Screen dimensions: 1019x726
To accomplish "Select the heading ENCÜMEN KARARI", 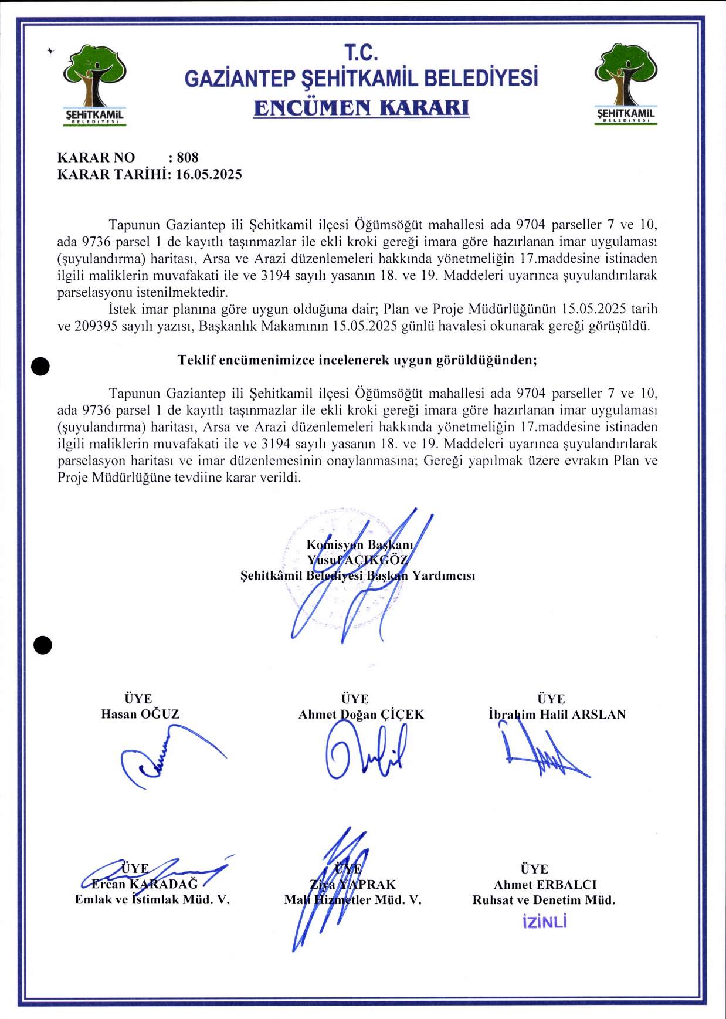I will click(x=361, y=108).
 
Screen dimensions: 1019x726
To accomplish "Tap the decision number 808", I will click(x=188, y=157).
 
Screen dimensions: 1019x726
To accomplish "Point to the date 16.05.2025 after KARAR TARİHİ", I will click(x=209, y=174).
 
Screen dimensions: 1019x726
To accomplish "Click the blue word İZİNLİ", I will click(x=544, y=922).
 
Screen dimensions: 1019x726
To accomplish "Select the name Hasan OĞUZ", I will click(x=140, y=714).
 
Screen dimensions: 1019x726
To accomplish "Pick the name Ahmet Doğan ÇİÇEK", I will click(x=361, y=714).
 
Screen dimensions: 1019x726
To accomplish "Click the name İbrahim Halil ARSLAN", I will click(x=557, y=714).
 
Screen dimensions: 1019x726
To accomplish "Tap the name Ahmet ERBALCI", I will click(x=545, y=884).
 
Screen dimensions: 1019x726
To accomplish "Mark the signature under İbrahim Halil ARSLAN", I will click(x=542, y=754).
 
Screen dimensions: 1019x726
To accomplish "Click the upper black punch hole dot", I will click(x=40, y=366).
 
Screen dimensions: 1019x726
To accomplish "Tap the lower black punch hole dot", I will click(x=43, y=645).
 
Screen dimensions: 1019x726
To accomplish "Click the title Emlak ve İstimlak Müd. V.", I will click(x=152, y=899).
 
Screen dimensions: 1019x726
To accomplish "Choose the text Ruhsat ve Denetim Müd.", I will click(x=544, y=899).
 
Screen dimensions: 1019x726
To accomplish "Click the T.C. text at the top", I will click(x=361, y=53).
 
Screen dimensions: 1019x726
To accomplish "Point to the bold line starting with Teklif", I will click(x=357, y=360).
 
